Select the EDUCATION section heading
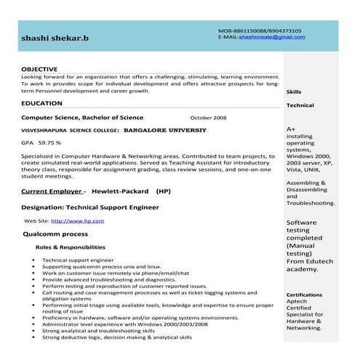pyautogui.click(x=41, y=103)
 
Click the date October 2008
pyautogui.click(x=208, y=117)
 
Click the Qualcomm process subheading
pyautogui.click(x=55, y=234)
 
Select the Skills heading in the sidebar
pyautogui.click(x=294, y=92)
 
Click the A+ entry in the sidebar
pyautogui.click(x=291, y=129)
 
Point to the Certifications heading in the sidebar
pyautogui.click(x=304, y=295)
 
